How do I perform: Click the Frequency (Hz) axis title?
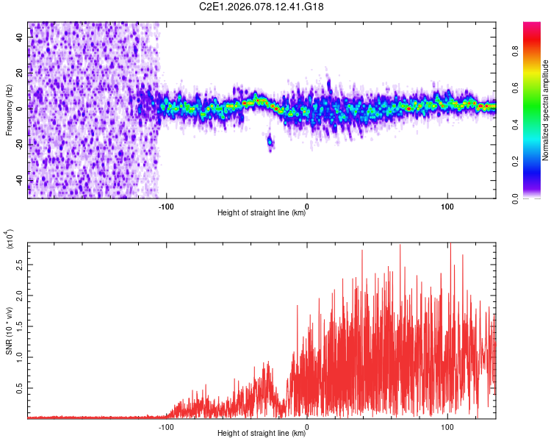coord(8,110)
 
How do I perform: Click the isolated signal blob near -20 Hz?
coord(270,141)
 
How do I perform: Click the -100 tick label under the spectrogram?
coord(166,206)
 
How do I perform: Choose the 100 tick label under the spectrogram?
coord(447,206)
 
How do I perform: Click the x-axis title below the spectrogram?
coord(262,213)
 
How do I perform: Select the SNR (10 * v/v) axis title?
coord(10,331)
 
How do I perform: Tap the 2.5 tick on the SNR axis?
coord(19,262)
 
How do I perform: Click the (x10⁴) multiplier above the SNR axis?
coord(10,240)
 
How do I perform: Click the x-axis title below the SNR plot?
coord(262,434)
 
